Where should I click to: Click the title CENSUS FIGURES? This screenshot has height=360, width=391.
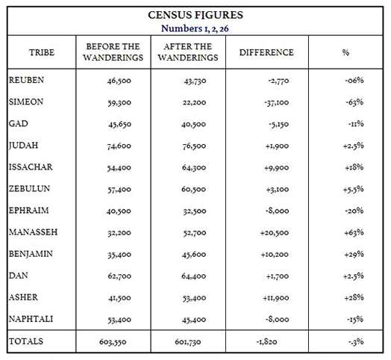coord(195,14)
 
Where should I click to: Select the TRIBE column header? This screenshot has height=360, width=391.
coord(42,53)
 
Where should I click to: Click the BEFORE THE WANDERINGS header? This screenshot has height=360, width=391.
coord(113,53)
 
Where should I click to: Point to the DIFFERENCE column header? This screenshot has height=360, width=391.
coord(266,53)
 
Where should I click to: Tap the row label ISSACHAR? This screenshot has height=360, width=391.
coord(31,167)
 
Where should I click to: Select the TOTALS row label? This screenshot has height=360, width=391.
coord(26,341)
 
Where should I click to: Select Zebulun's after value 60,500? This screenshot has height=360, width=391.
coord(190,189)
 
